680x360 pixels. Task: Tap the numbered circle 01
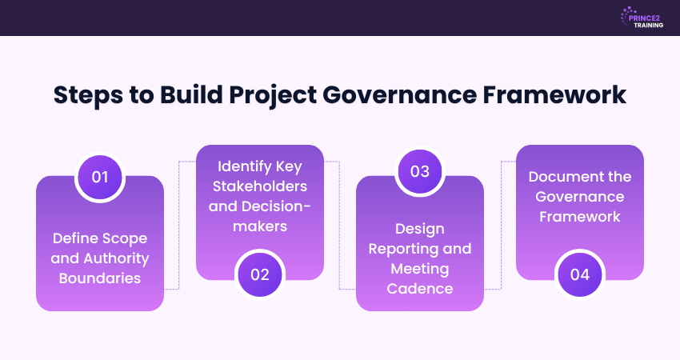(x=100, y=177)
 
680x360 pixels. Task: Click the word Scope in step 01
(x=126, y=238)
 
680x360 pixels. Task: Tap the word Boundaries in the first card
(x=100, y=278)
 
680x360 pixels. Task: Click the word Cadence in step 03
(x=420, y=287)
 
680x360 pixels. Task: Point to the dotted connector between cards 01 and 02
(x=180, y=224)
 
